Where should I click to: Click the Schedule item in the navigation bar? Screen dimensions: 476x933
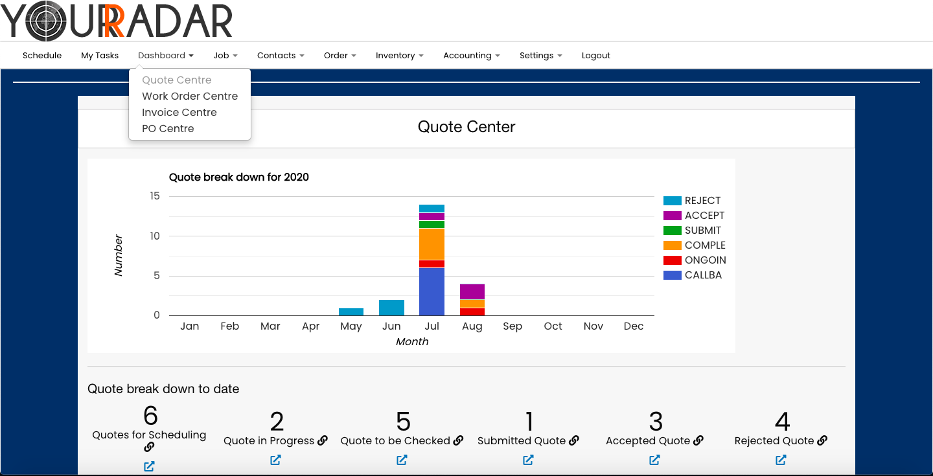click(x=42, y=56)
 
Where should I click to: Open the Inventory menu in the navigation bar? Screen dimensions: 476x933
click(x=399, y=56)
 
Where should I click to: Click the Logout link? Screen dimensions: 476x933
click(x=595, y=56)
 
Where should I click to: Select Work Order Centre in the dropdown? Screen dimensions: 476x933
click(x=190, y=96)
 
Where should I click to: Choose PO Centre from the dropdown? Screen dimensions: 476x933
click(x=168, y=129)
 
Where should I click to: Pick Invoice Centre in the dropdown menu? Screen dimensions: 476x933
click(x=179, y=113)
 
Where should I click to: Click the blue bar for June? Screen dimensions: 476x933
click(x=391, y=308)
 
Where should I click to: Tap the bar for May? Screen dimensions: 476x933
click(x=351, y=312)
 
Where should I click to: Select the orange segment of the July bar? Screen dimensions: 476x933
click(x=432, y=244)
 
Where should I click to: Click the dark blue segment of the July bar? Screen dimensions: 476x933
click(x=432, y=291)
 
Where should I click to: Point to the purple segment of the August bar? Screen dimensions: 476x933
click(x=472, y=291)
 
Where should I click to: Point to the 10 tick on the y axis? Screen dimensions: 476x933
click(x=154, y=236)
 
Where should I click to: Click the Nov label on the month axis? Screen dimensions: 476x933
click(x=593, y=326)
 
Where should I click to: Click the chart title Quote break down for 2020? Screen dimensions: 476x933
click(x=238, y=177)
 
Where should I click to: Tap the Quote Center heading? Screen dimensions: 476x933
click(x=466, y=127)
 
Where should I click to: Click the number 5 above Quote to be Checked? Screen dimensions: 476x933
click(x=403, y=422)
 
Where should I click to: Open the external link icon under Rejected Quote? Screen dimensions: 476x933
click(x=781, y=460)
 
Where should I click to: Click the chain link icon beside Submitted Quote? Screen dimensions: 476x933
click(x=574, y=440)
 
